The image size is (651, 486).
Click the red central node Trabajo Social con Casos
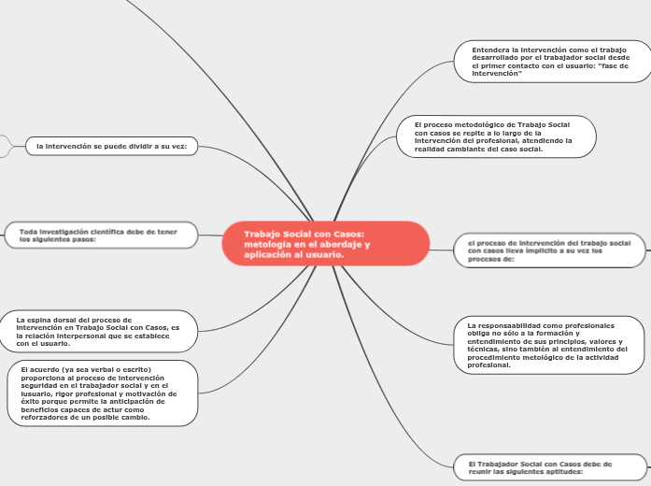tap(326, 243)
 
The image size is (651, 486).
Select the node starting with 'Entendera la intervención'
tap(553, 62)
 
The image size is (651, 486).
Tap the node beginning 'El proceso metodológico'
tap(496, 136)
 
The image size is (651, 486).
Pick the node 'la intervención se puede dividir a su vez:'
tap(112, 146)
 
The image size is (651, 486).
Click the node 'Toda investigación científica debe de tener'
tap(101, 236)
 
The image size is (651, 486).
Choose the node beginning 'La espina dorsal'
tap(98, 332)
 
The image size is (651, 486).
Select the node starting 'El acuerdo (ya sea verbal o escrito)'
tap(103, 393)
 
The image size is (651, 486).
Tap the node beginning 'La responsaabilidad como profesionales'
tap(549, 345)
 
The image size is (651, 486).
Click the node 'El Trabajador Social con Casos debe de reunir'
tap(550, 467)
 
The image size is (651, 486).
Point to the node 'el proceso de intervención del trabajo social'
tap(550, 250)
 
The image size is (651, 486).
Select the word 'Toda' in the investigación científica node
tap(27, 232)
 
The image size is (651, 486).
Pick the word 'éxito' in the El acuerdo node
tap(30, 402)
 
